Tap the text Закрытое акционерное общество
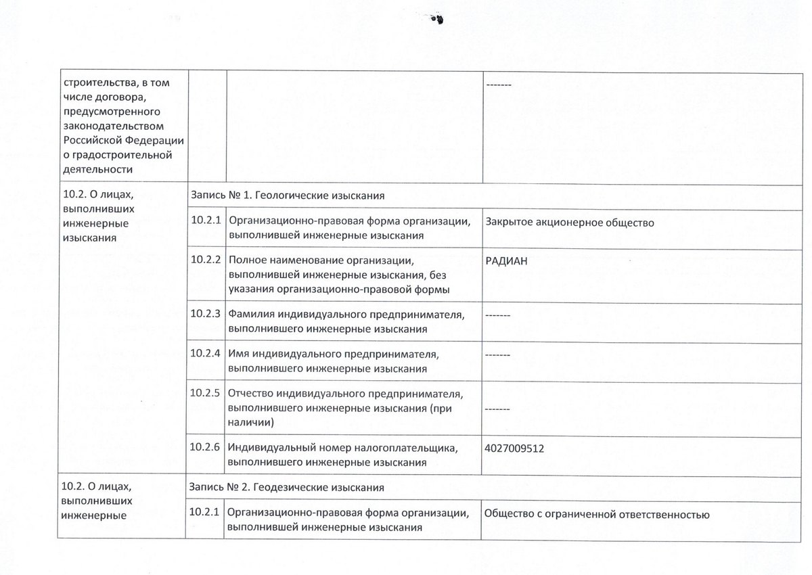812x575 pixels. pos(569,222)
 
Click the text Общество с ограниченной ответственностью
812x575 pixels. pos(597,515)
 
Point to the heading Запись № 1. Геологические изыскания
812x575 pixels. pos(288,195)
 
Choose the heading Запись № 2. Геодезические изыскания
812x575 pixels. pos(288,486)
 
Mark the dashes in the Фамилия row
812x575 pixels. pos(497,315)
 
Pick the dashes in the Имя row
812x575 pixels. pos(497,354)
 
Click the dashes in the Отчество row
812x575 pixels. pos(497,409)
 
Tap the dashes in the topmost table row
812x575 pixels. pos(499,85)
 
